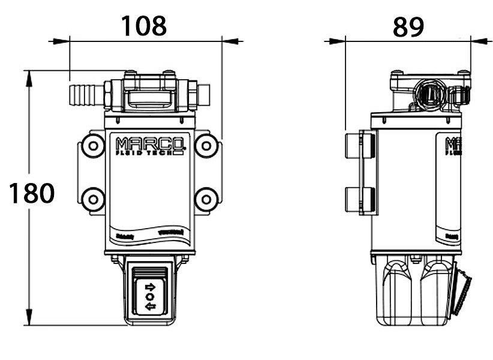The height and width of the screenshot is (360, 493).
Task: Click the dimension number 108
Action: pos(144,25)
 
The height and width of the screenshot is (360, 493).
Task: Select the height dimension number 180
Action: pos(32,193)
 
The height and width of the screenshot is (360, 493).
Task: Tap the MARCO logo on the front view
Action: pos(151,145)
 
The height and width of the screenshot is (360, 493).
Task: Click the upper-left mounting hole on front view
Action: pos(92,145)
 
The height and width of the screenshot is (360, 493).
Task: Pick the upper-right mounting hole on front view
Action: pos(206,145)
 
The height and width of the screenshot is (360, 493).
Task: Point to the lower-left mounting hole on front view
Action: pos(92,199)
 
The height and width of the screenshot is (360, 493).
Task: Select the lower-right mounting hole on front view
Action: pos(206,199)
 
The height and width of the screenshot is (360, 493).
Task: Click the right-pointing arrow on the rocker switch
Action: pos(150,286)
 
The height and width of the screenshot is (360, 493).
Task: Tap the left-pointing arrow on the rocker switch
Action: pos(150,307)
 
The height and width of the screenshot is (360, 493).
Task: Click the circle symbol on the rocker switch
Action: pos(150,296)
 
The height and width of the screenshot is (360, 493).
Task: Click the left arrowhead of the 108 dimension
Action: pos(58,41)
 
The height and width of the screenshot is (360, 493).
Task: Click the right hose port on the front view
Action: pos(202,94)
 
